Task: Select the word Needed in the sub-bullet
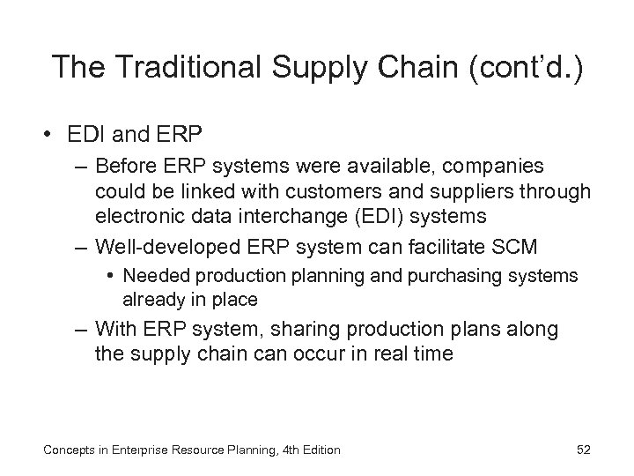pyautogui.click(x=153, y=277)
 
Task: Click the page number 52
pyautogui.click(x=582, y=450)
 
